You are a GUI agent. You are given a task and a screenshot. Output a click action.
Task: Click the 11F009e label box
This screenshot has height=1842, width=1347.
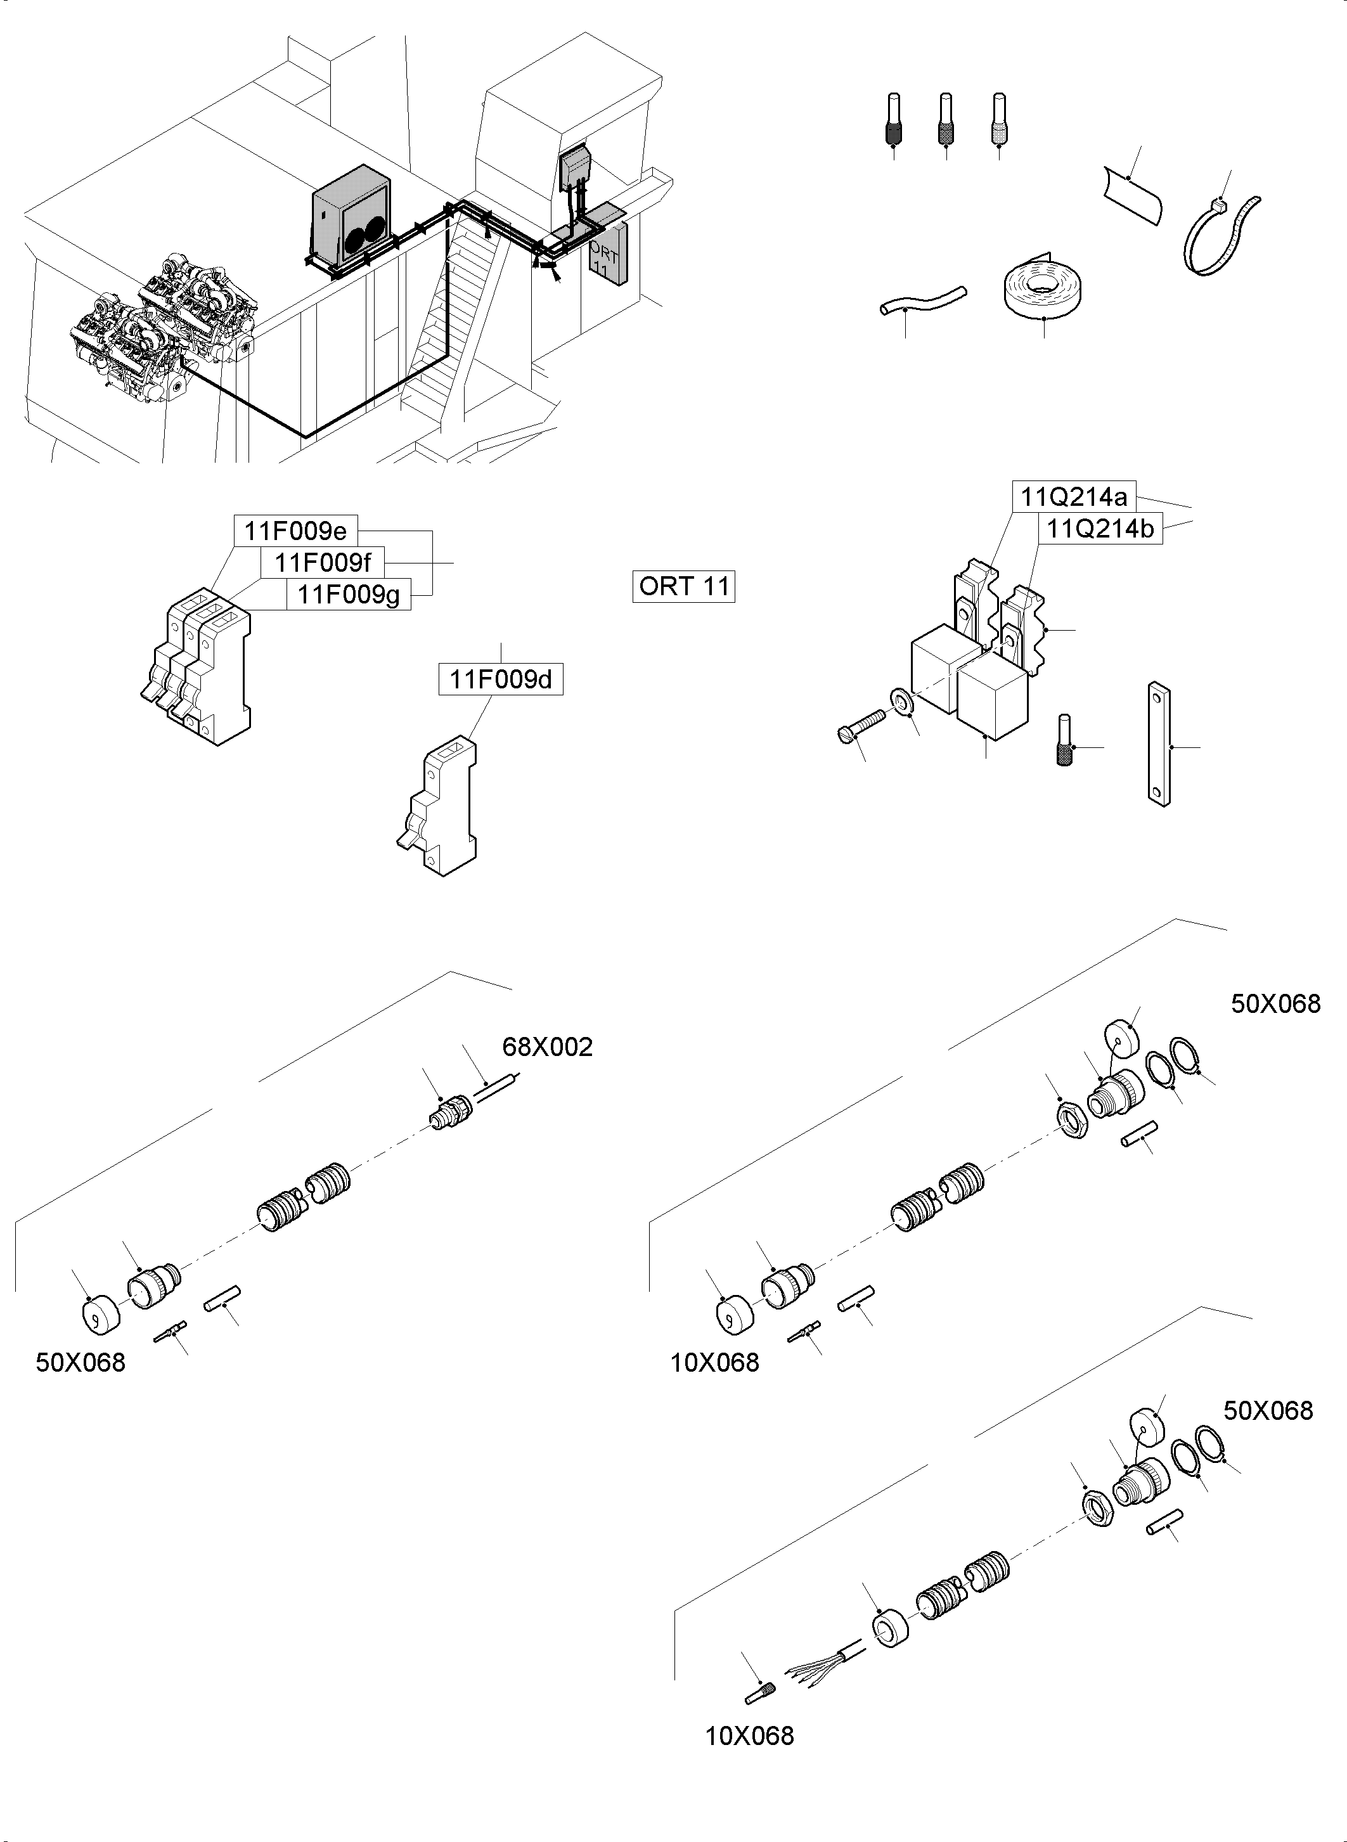pos(295,532)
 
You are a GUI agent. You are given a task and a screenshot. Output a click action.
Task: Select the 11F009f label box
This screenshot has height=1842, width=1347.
pos(322,563)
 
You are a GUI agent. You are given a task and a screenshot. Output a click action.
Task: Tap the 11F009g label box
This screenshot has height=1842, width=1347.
pos(348,595)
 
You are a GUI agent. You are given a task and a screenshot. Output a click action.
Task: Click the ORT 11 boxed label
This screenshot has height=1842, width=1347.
pos(683,586)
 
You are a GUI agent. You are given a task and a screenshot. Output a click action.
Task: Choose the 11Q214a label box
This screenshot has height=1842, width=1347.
pos(1074,496)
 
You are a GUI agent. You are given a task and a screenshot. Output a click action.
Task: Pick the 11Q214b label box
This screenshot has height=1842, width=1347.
pos(1100,529)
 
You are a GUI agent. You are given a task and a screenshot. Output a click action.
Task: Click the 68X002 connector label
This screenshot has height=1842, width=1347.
pos(547,1047)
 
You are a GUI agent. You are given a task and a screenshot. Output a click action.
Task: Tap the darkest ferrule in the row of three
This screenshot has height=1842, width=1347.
pos(894,120)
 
